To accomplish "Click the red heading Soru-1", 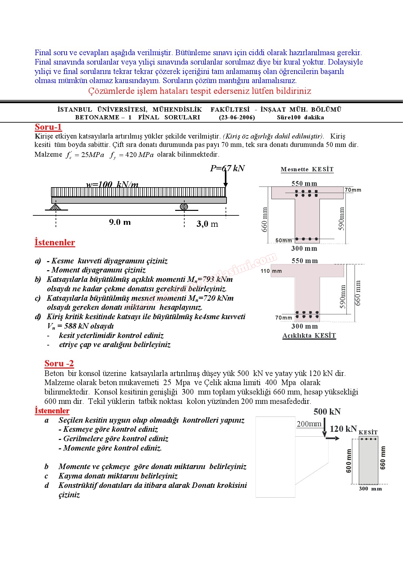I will pyautogui.click(x=48, y=127).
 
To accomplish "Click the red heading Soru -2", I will pyautogui.click(x=59, y=363).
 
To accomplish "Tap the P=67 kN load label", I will pyautogui.click(x=227, y=168).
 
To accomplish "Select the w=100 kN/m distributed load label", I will pyautogui.click(x=112, y=185).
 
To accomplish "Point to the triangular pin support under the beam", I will pyautogui.click(x=56, y=207).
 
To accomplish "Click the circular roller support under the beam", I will pyautogui.click(x=184, y=207).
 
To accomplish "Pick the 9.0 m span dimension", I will pyautogui.click(x=120, y=222).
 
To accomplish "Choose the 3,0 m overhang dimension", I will pyautogui.click(x=207, y=224).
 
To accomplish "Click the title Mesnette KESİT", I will pyautogui.click(x=307, y=169).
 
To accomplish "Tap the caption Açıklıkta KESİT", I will pyautogui.click(x=309, y=336).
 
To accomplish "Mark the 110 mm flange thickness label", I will pyautogui.click(x=271, y=271).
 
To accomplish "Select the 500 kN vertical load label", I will pyautogui.click(x=327, y=412).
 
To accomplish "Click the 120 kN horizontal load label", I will pyautogui.click(x=343, y=429).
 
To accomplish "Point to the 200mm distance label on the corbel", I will pyautogui.click(x=309, y=424).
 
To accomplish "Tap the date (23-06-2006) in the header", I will pyautogui.click(x=237, y=117).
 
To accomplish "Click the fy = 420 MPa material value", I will pyautogui.click(x=132, y=155).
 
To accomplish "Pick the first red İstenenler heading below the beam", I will pyautogui.click(x=55, y=242).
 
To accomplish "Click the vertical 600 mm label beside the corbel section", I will pyautogui.click(x=349, y=461).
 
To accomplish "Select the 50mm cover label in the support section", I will pyautogui.click(x=283, y=240).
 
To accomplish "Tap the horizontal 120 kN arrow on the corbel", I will pyautogui.click(x=332, y=439).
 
